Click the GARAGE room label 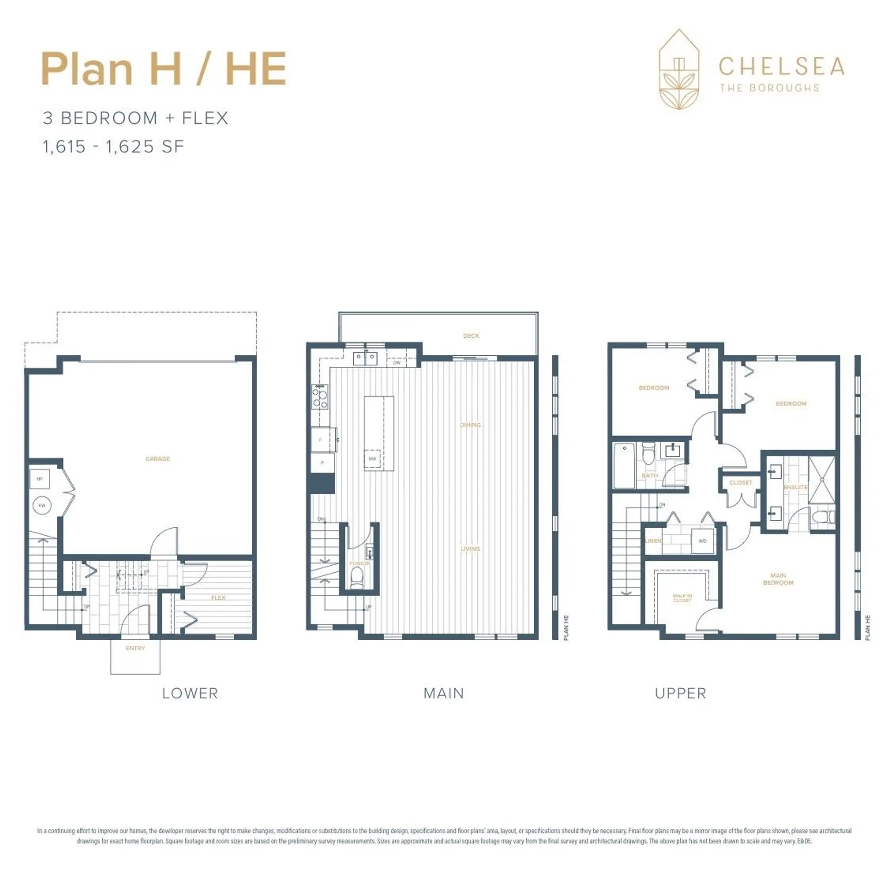pos(157,459)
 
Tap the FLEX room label pos(218,598)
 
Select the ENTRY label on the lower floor pos(135,648)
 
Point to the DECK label pos(471,336)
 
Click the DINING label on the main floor pos(470,425)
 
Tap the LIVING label pos(470,549)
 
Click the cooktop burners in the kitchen pos(319,397)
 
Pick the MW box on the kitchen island pos(372,458)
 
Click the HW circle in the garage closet pos(42,506)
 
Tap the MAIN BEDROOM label pos(778,579)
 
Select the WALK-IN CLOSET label pos(682,598)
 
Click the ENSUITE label pos(795,487)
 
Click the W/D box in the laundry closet pos(702,541)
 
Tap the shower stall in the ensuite pos(821,480)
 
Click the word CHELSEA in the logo pos(781,67)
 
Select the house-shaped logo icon pos(679,69)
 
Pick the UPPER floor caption pos(680,693)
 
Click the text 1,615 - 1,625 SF pos(113,147)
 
